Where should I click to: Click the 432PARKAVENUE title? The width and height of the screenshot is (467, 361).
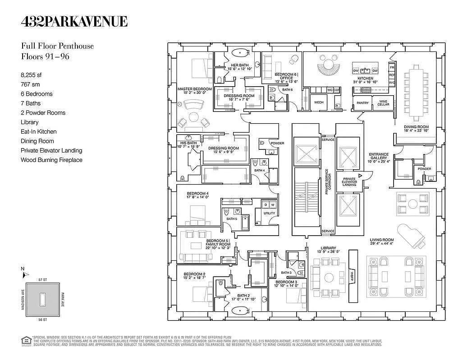tap(74, 21)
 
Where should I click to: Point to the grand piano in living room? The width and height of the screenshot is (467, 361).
tap(412, 235)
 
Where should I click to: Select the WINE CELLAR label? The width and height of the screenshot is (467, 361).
tap(383, 103)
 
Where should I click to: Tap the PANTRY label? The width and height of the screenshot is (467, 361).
tap(362, 103)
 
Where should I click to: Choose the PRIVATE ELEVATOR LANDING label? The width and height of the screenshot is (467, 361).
tap(349, 181)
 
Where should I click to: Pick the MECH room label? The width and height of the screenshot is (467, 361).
tap(319, 102)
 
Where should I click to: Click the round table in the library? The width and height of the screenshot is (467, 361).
tap(329, 276)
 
